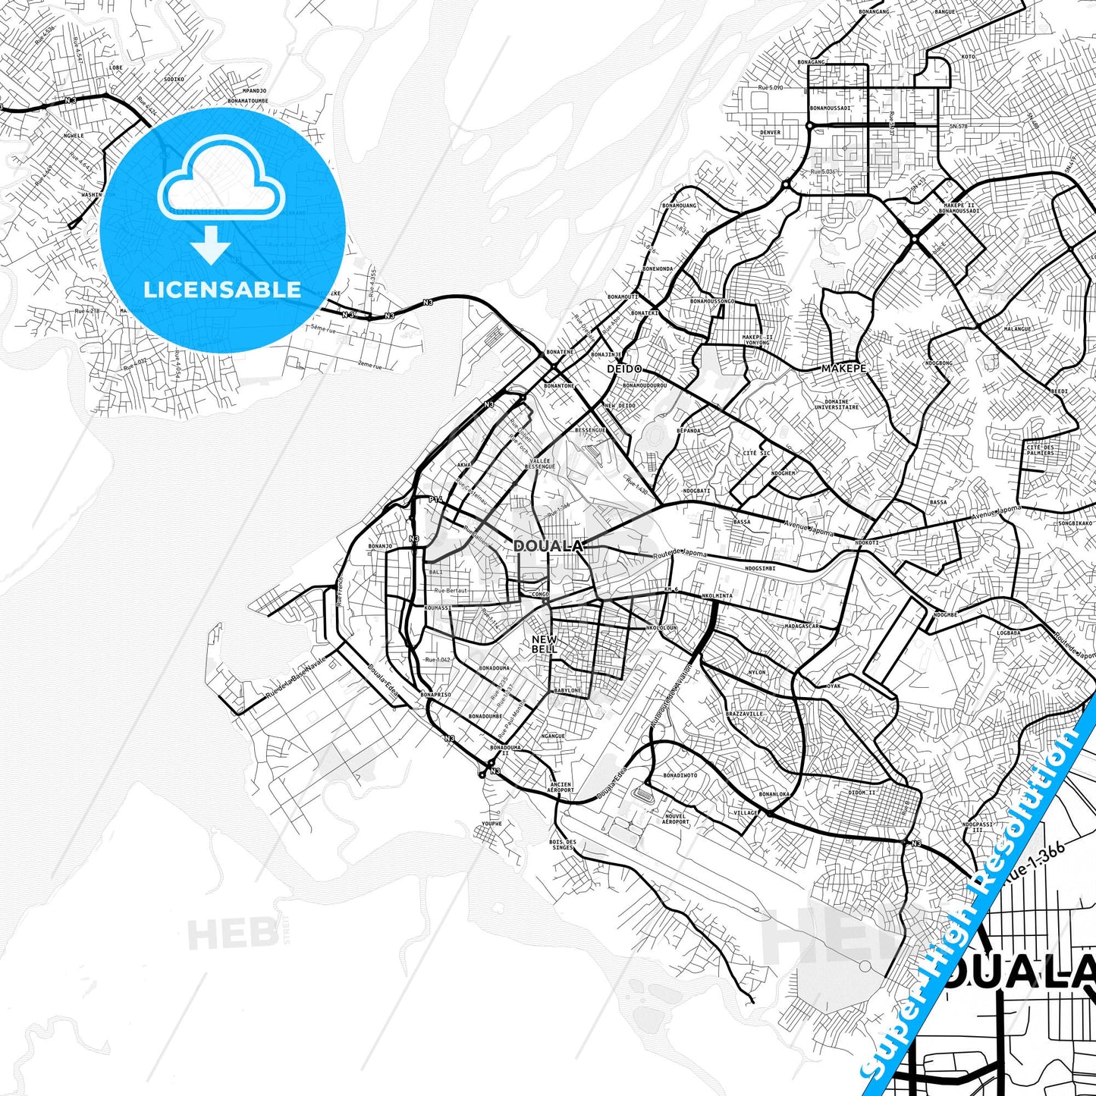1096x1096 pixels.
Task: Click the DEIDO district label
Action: click(x=624, y=369)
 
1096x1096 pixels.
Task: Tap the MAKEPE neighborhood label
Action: click(x=843, y=369)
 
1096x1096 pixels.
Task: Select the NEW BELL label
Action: click(x=544, y=645)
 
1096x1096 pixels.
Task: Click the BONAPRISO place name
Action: click(x=436, y=695)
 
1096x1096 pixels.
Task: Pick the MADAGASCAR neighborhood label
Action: click(x=802, y=627)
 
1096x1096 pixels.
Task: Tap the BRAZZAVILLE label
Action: click(x=744, y=714)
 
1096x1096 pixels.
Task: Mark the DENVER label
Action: click(x=770, y=133)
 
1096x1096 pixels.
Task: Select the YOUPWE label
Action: click(x=491, y=824)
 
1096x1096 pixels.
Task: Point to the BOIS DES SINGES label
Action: click(x=562, y=844)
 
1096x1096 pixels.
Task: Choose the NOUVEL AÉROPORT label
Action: click(x=675, y=819)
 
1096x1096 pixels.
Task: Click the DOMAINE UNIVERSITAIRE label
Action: click(x=837, y=404)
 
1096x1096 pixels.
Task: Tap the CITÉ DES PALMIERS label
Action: click(x=1040, y=450)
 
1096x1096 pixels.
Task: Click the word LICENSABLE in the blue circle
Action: click(x=222, y=290)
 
